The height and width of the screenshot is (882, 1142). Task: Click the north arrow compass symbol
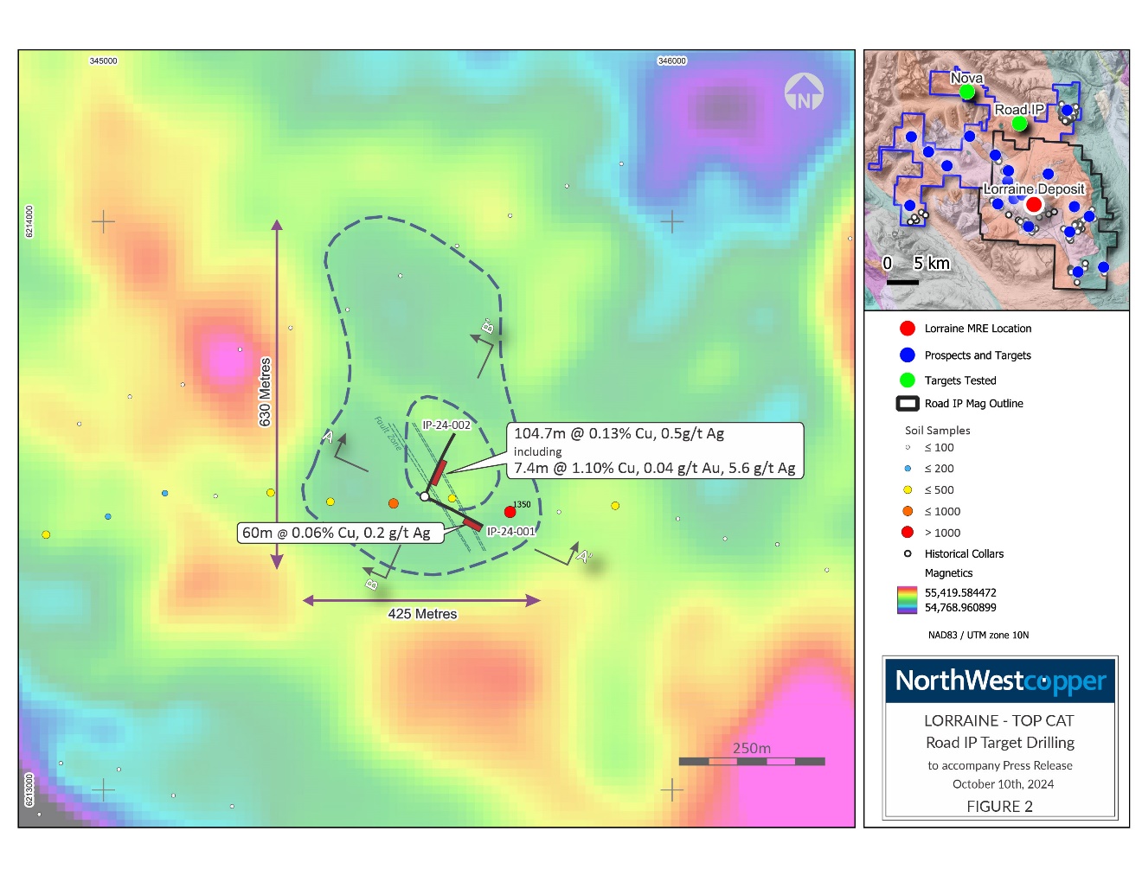[804, 93]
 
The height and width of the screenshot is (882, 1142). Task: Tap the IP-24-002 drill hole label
[446, 425]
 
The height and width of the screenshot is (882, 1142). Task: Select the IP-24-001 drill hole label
[511, 532]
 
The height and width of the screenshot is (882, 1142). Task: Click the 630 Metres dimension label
[266, 392]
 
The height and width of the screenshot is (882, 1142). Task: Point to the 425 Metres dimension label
[422, 614]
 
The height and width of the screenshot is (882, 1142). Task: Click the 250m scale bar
[752, 761]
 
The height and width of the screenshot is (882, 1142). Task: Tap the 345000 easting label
[104, 61]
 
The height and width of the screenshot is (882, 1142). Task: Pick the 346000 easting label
[672, 61]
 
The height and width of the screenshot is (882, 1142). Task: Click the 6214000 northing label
[29, 221]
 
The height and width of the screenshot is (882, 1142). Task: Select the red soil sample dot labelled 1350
[510, 512]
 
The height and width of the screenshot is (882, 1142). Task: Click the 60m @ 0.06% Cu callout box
[340, 533]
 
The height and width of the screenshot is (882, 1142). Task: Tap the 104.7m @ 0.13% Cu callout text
[619, 434]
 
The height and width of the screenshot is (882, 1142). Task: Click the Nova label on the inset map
[966, 78]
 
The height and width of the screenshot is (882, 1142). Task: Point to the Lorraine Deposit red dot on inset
[1034, 205]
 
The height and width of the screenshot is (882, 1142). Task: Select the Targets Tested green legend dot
[908, 380]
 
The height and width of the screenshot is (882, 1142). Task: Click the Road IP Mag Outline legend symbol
[908, 404]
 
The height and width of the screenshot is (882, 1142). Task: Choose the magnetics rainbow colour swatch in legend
[907, 600]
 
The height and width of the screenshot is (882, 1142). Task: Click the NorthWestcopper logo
[1000, 681]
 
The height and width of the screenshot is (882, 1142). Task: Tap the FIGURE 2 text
[999, 807]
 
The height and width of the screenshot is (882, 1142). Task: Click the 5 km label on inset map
[932, 264]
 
